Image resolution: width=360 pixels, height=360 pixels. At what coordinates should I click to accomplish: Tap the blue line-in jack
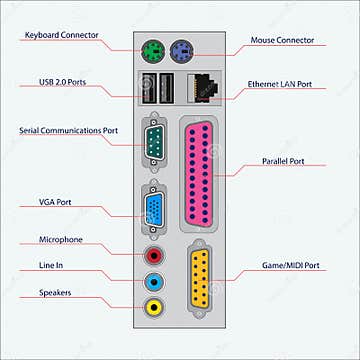[x=155, y=283]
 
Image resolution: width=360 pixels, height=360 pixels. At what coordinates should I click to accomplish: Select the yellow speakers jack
[x=155, y=307]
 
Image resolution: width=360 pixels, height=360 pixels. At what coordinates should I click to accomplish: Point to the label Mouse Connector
[x=283, y=41]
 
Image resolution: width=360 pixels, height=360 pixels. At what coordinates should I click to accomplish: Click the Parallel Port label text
[x=282, y=160]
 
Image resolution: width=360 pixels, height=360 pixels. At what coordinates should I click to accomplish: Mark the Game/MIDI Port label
[x=291, y=266]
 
